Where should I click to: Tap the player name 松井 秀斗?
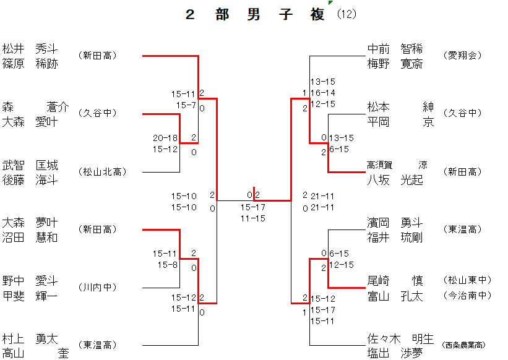point(30,49)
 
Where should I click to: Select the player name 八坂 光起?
point(395,179)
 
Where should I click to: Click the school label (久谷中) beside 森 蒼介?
point(97,113)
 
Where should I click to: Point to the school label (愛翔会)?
point(462,56)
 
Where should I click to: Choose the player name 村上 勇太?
point(30,338)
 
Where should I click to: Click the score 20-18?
point(165,138)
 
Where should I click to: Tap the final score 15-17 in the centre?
point(253,207)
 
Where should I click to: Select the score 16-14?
point(323,93)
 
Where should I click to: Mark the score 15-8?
point(167,265)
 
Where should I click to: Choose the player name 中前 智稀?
point(395,49)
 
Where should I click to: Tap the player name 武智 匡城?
point(30,165)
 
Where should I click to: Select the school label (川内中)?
point(97,288)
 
